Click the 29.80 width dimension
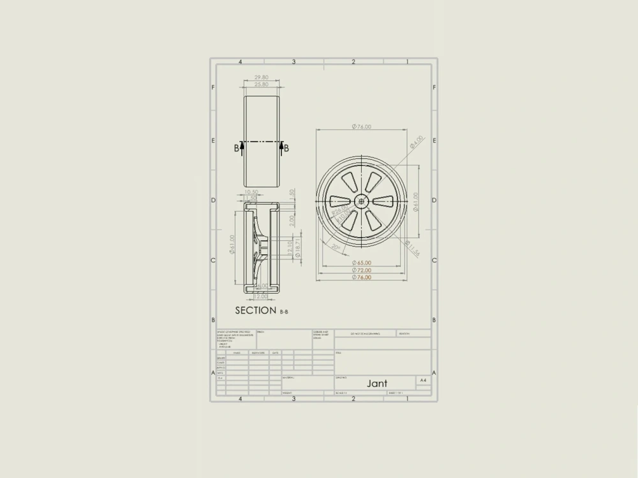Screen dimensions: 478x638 pos(261,77)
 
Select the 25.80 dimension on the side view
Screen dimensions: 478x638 pos(261,84)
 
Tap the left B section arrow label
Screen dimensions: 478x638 pos(237,148)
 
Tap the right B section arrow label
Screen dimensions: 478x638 pos(286,148)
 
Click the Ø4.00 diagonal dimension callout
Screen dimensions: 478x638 pos(416,141)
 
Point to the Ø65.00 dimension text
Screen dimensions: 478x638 pos(361,263)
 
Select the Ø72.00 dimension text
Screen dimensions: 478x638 pos(361,270)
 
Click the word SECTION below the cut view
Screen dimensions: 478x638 pos(256,310)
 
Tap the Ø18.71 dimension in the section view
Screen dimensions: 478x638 pos(297,246)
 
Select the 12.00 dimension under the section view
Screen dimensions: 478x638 pos(260,296)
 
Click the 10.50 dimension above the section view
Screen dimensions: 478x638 pos(251,192)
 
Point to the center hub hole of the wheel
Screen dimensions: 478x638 pos(362,200)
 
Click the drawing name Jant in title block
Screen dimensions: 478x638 pos(376,384)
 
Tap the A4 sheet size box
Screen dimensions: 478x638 pos(423,380)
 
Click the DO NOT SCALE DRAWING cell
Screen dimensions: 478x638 pos(364,333)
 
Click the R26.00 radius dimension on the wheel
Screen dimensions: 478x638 pos(340,209)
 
